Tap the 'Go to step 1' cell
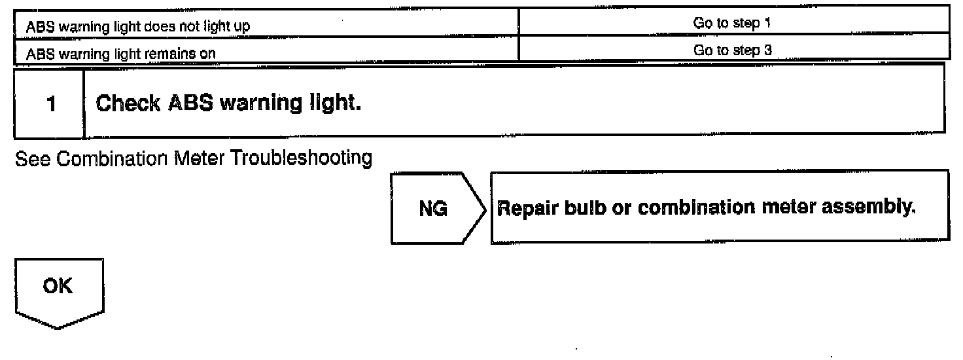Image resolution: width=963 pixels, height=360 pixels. (733, 24)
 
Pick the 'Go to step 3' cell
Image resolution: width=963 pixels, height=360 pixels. (733, 52)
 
